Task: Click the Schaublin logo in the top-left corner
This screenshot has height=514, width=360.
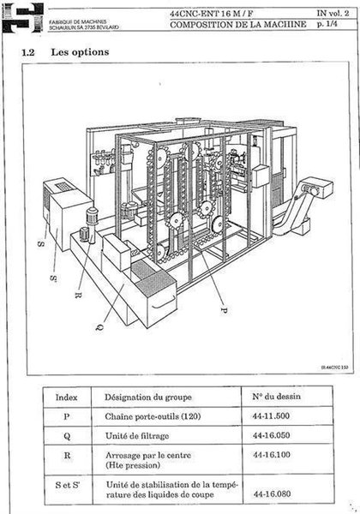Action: click(x=18, y=16)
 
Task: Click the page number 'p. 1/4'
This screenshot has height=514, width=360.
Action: click(x=327, y=26)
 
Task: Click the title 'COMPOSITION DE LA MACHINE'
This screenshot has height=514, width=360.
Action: click(x=237, y=26)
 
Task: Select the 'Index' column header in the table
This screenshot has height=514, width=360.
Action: click(x=67, y=397)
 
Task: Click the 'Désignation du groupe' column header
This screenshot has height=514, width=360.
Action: click(x=148, y=397)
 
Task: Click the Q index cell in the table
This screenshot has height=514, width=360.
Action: click(x=67, y=435)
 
